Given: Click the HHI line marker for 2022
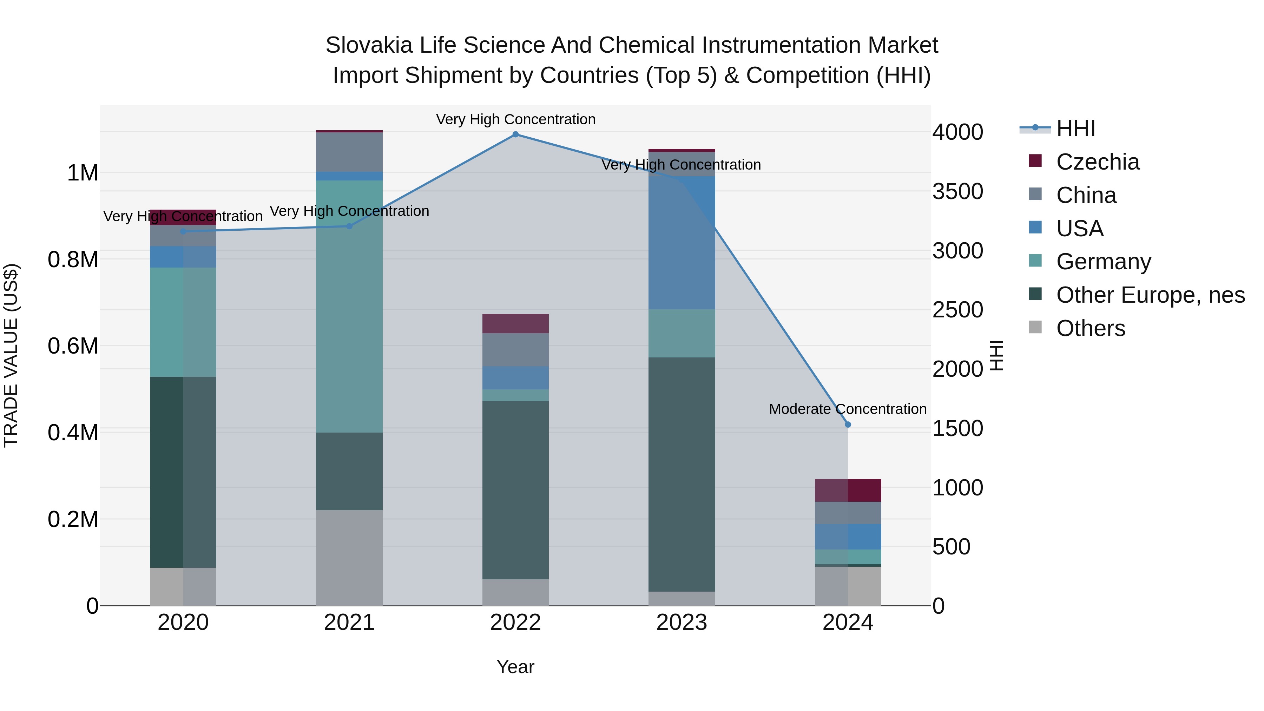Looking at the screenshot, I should click(515, 134).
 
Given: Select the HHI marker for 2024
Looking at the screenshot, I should click(848, 424).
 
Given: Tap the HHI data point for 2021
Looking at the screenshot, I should click(349, 226).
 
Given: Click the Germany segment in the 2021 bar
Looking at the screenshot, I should click(349, 307).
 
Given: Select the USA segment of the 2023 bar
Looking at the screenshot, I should click(682, 243).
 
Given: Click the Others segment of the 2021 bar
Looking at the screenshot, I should click(349, 558).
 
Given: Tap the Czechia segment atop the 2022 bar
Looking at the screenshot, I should click(515, 323).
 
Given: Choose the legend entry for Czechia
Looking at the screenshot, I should click(1098, 162).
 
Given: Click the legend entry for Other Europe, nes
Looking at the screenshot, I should click(1150, 295).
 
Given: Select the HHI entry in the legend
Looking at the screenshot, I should click(1075, 129).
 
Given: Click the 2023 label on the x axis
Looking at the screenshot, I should click(682, 623).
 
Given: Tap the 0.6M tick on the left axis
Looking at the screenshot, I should click(73, 346).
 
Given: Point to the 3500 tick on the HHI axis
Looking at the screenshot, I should click(957, 191).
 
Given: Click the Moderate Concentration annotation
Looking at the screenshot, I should click(848, 409).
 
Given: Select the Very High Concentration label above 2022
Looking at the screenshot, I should click(515, 119).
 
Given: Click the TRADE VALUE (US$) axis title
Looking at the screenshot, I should click(11, 355).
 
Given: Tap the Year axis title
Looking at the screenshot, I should click(515, 667).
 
